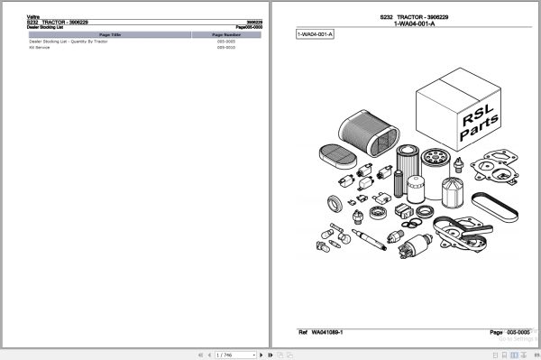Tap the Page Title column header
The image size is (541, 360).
(x=105, y=34)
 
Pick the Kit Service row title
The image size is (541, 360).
(x=40, y=48)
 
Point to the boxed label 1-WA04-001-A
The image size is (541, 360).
(x=315, y=34)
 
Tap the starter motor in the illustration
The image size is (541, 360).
(x=416, y=245)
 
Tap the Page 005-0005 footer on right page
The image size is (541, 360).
(x=508, y=332)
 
